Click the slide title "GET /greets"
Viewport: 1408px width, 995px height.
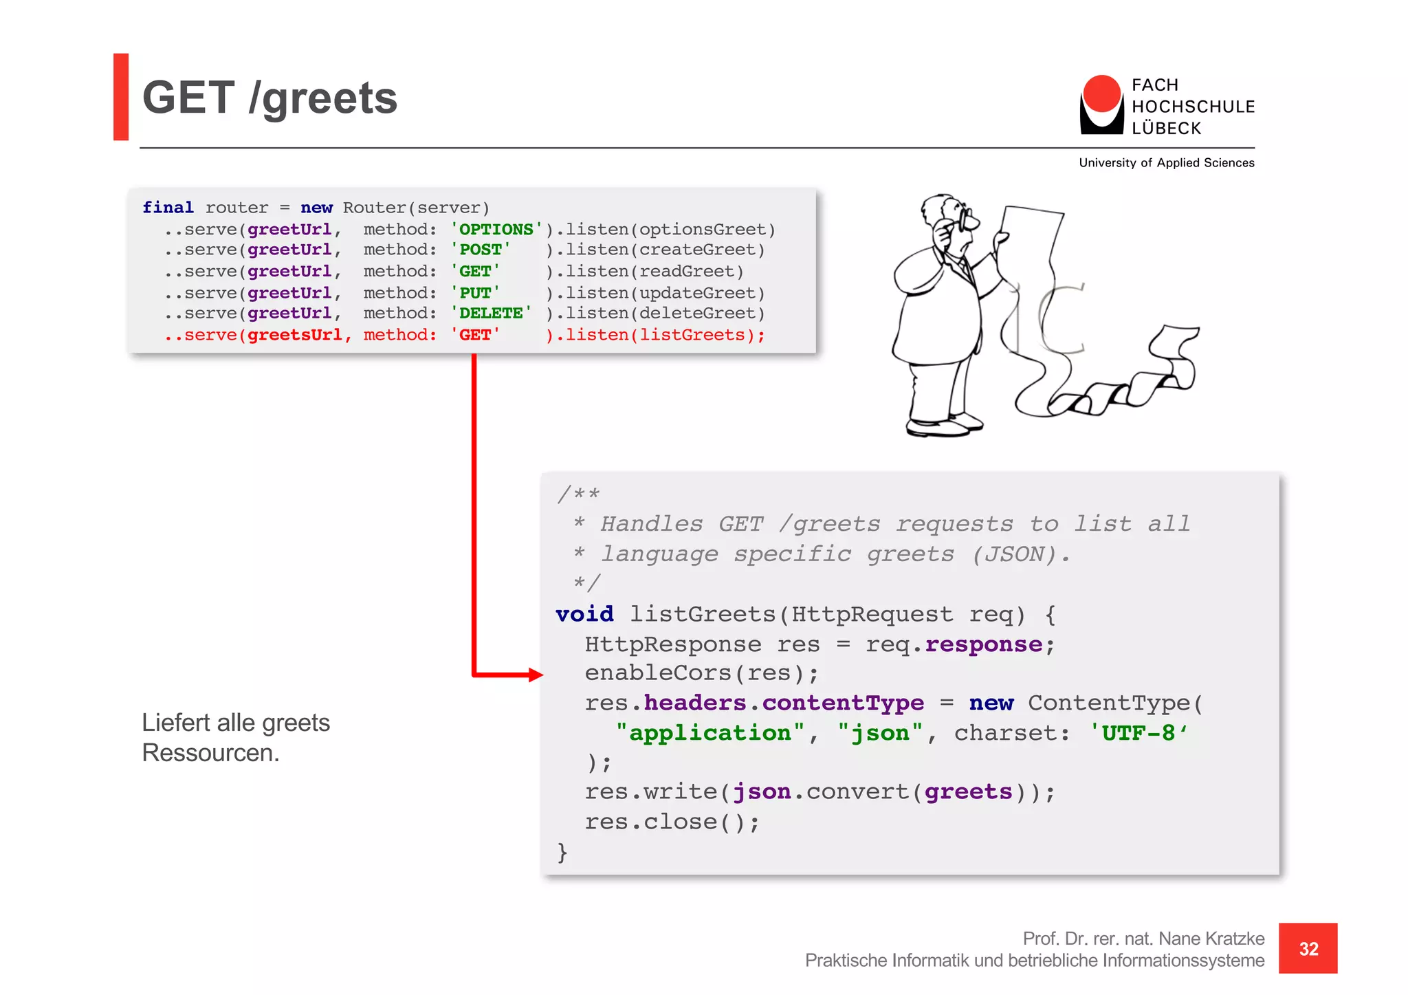tap(269, 98)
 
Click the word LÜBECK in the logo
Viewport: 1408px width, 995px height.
tap(1166, 129)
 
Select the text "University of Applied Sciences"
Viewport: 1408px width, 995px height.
tap(1166, 163)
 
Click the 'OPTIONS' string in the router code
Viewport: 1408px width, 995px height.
tap(496, 229)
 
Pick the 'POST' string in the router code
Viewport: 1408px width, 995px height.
tap(481, 250)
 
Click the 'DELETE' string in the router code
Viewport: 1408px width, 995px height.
tap(491, 314)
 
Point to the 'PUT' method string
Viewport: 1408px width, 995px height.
tap(476, 293)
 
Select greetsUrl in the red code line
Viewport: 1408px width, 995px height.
tap(294, 335)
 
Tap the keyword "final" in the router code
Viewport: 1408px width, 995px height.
tap(168, 208)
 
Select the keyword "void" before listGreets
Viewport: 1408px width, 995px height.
tap(584, 614)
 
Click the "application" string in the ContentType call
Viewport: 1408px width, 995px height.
tap(709, 733)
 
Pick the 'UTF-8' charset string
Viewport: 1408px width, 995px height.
tap(1138, 733)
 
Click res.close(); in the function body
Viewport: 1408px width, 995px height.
tap(672, 822)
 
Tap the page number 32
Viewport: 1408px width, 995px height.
tap(1308, 949)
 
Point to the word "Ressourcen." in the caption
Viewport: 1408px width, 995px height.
tap(210, 754)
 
